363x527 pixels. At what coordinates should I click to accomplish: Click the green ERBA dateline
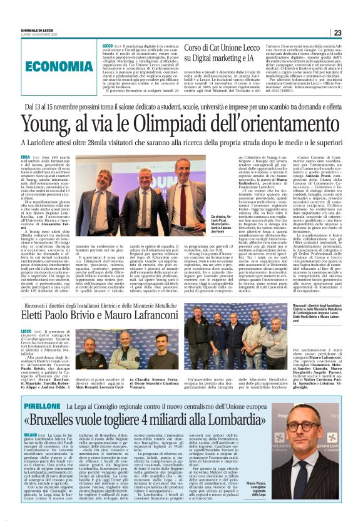tap(26, 152)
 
